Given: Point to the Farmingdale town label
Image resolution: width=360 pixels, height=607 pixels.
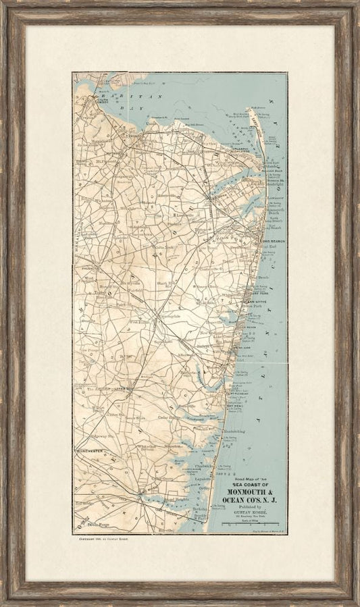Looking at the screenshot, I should [166, 315].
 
